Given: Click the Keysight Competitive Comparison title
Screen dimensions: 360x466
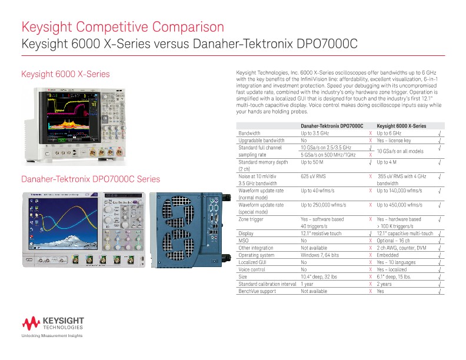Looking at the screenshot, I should click(122, 27).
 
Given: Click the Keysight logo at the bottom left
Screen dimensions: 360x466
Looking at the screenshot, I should click(53, 323).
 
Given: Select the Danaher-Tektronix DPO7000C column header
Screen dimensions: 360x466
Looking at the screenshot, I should click(332, 126).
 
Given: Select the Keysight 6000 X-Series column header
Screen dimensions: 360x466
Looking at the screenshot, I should click(401, 126).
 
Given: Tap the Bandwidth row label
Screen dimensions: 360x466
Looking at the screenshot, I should click(249, 134).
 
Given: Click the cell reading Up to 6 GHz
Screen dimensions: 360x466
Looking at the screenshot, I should click(389, 134).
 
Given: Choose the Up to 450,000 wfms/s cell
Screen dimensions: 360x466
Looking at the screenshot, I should click(400, 205).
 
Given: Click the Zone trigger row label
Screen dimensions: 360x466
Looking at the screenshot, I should click(251, 219).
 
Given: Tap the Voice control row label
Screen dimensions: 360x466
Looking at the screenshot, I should click(252, 269).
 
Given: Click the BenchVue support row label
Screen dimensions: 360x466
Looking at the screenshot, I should click(257, 291).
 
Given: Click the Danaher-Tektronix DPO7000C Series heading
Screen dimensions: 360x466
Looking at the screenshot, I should click(91, 179).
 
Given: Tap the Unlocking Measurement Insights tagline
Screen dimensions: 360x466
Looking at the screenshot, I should click(52, 336).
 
